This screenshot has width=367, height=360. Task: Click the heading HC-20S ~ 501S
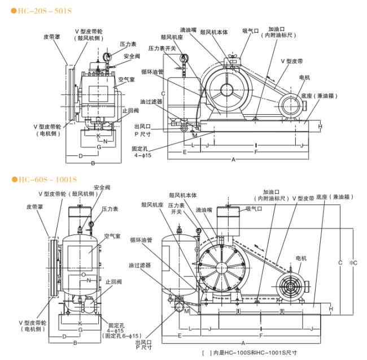[41, 11]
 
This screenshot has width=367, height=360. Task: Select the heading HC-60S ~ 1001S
[44, 180]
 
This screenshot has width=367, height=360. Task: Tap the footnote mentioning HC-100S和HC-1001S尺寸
[250, 353]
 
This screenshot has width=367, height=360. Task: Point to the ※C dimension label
[353, 263]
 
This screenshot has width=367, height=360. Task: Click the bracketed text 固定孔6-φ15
[122, 336]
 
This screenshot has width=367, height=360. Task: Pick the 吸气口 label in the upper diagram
[251, 31]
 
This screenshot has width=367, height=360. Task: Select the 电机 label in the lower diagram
[301, 258]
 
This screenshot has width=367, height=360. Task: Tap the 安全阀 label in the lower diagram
[102, 188]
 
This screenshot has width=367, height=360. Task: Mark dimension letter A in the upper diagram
[233, 160]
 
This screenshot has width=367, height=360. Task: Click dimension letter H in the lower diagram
[331, 309]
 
